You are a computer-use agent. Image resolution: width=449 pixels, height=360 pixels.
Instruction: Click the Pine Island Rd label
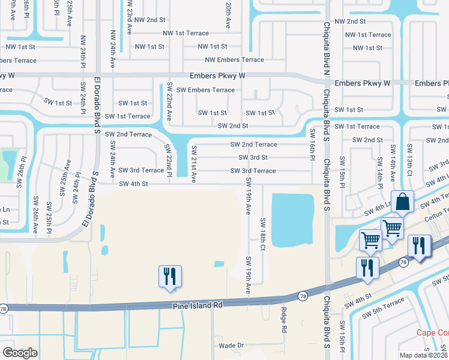(x=198, y=305)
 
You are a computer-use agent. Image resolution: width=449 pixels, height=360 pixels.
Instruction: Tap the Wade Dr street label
(x=232, y=346)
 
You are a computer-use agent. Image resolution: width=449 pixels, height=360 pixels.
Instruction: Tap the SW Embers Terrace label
(x=206, y=90)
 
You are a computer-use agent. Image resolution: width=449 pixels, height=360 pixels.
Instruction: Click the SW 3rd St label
(x=253, y=158)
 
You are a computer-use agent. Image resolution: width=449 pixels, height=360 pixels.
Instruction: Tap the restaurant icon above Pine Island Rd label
(x=169, y=276)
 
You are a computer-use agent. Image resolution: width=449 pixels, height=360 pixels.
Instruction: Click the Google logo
(x=20, y=353)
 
